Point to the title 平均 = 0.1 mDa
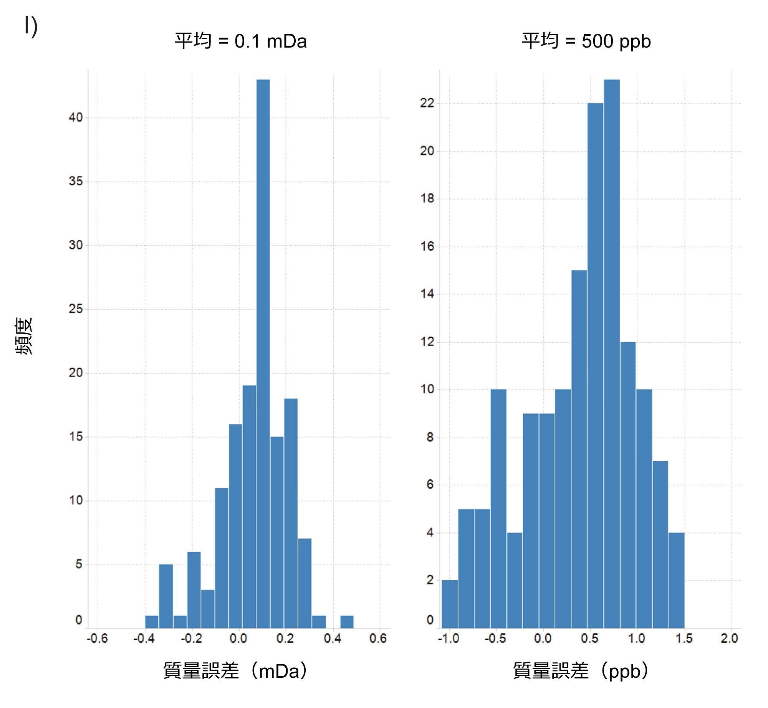pyautogui.click(x=241, y=41)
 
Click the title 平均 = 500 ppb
pyautogui.click(x=586, y=41)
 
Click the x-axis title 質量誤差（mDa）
pyautogui.click(x=235, y=671)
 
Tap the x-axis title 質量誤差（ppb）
pyautogui.click(x=581, y=671)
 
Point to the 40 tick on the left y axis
pyautogui.click(x=76, y=117)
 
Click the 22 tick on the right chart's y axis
pyautogui.click(x=427, y=103)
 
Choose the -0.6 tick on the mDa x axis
pyautogui.click(x=98, y=639)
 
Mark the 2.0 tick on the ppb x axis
pyautogui.click(x=729, y=639)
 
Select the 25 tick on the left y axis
pyautogui.click(x=76, y=309)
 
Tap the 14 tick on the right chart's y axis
pyautogui.click(x=427, y=294)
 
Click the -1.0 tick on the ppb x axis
pyautogui.click(x=449, y=639)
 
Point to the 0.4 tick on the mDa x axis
pyautogui.click(x=333, y=639)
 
